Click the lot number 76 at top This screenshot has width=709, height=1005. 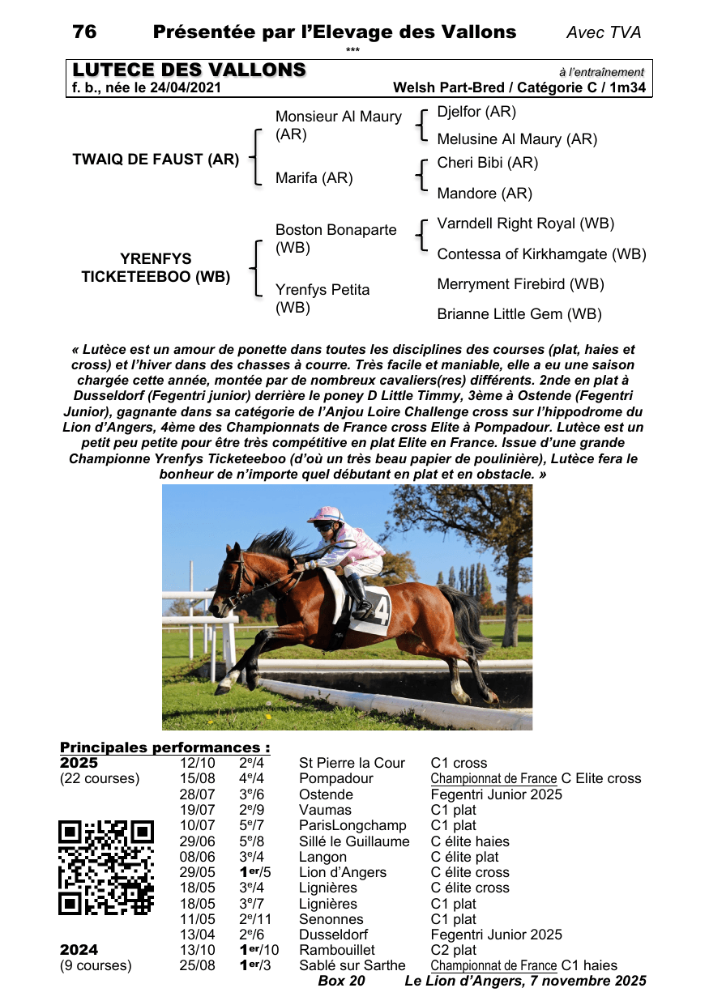(84, 32)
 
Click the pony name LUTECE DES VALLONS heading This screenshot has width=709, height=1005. (189, 70)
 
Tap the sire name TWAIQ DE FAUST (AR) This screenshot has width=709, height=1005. (156, 160)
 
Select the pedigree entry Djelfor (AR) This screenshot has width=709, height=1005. (476, 112)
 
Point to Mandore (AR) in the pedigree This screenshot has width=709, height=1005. (484, 194)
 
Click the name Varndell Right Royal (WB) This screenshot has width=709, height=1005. (525, 224)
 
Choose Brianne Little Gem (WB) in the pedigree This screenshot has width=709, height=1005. (519, 314)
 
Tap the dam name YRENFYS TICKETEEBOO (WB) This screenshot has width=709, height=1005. (156, 268)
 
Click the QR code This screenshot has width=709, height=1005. (106, 867)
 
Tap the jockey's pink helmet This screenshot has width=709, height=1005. (327, 514)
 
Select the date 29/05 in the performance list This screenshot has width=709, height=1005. (197, 873)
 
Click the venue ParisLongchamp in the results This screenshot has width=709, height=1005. (352, 826)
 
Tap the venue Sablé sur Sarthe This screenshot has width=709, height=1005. (352, 965)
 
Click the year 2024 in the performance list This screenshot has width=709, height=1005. (79, 950)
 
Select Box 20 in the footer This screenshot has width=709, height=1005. (341, 982)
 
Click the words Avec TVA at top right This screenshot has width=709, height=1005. (604, 33)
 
